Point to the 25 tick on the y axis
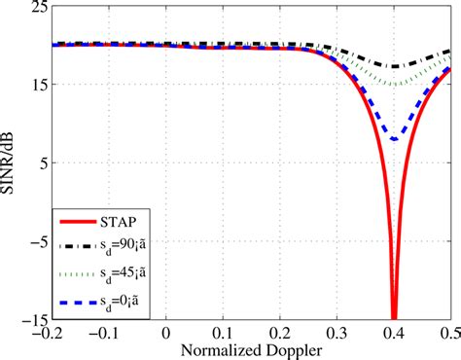(35, 7)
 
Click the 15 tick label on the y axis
(35, 85)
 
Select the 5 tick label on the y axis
(39, 162)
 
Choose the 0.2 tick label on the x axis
(280, 332)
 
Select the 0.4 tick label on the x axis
(394, 332)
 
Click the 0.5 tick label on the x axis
(448, 332)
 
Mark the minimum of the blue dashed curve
(394, 140)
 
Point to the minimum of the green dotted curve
(394, 85)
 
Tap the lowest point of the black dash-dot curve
(394, 67)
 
